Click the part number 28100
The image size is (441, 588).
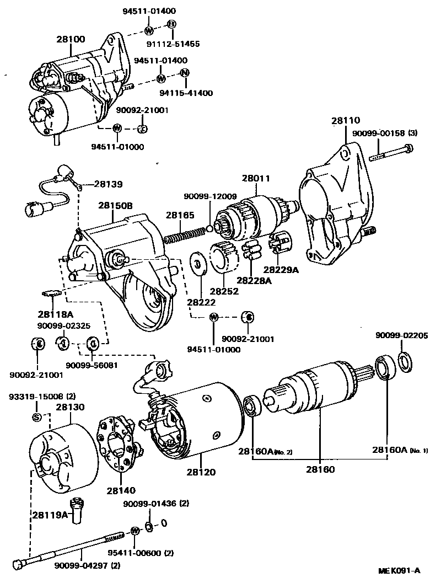(71, 40)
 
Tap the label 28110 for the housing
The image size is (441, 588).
(346, 121)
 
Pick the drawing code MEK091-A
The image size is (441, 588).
(399, 570)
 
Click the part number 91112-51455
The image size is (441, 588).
(173, 44)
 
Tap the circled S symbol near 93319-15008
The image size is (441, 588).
(37, 416)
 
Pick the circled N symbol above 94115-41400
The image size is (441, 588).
(185, 73)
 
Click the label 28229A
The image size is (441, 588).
(280, 269)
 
